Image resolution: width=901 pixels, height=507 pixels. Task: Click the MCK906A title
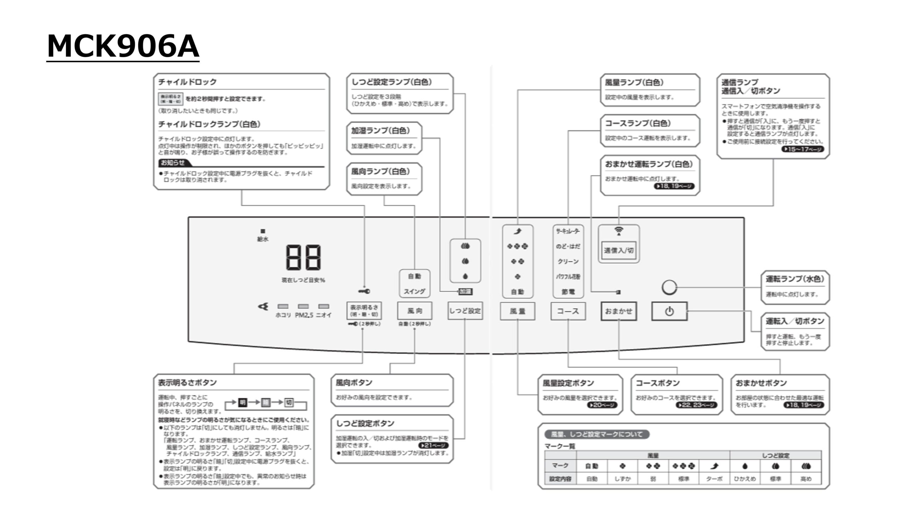tap(123, 46)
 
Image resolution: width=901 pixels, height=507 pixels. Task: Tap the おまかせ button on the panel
tap(618, 311)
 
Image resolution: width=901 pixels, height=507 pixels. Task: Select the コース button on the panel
tap(568, 311)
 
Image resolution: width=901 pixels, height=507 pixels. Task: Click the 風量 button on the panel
tap(517, 311)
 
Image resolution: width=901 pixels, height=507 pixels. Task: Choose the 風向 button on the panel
tap(415, 311)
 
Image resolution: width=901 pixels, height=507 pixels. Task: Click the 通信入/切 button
tap(618, 250)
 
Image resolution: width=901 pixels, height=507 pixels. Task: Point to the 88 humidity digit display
tap(303, 257)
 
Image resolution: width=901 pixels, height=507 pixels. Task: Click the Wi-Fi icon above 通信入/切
tap(618, 231)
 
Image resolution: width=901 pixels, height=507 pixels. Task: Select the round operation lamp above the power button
tap(669, 287)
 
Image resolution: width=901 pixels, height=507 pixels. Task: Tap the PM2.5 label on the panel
tap(304, 315)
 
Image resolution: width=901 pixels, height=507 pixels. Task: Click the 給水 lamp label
tap(263, 239)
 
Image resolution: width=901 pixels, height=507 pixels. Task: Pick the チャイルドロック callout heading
tap(187, 82)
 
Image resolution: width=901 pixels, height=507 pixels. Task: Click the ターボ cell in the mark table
tap(714, 479)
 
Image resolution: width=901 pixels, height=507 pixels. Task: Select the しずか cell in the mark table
tap(622, 479)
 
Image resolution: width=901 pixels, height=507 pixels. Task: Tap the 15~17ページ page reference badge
tap(803, 149)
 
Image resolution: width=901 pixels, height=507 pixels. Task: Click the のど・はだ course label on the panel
tap(568, 246)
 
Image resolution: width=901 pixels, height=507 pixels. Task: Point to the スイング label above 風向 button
tap(414, 292)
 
